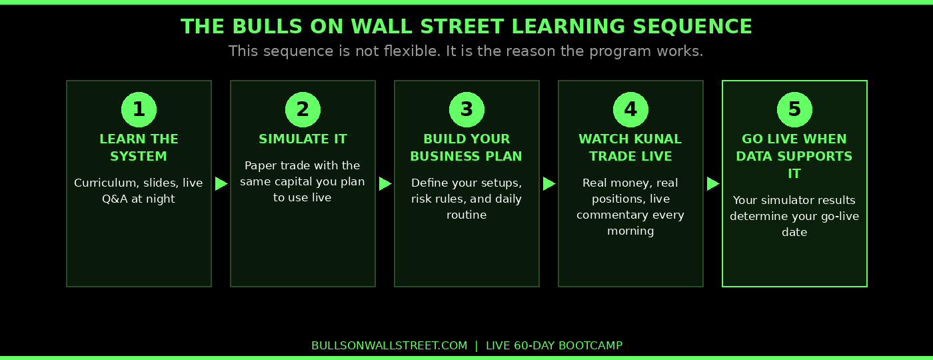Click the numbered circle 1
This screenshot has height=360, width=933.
[139, 109]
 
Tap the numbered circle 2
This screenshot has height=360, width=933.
[303, 109]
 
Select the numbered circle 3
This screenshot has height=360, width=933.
[467, 109]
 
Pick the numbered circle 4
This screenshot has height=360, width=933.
[630, 109]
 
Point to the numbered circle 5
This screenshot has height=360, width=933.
[794, 109]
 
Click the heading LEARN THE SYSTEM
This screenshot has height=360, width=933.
[139, 148]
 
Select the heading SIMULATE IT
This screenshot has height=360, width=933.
[303, 139]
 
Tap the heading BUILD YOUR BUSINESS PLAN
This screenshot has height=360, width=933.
[467, 148]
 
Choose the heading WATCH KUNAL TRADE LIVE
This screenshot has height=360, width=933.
[630, 148]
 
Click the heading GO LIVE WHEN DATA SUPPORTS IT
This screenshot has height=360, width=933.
[794, 157]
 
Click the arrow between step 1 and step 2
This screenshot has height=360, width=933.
[221, 183]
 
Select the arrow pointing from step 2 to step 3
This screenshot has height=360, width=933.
[385, 183]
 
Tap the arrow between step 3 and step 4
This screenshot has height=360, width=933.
[549, 183]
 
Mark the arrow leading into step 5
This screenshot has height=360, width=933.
[713, 183]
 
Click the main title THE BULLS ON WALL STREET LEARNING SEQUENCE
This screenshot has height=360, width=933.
[467, 27]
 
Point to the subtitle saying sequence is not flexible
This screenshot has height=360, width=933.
[466, 51]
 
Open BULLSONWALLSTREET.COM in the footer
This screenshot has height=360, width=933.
[389, 345]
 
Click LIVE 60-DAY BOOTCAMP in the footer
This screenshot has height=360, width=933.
[554, 345]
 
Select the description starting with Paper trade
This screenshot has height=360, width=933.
[303, 181]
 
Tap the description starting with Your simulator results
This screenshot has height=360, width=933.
[794, 216]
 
